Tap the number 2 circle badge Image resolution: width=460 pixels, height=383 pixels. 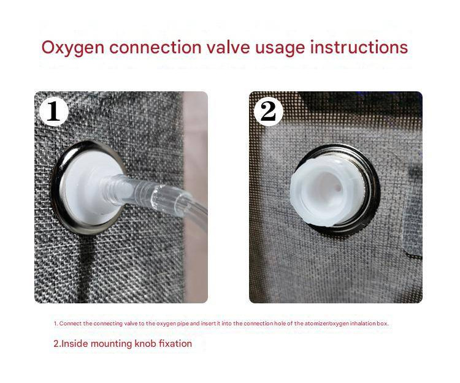point(268,111)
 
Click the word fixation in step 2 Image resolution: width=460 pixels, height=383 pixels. point(174,344)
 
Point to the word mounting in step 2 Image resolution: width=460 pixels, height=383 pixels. point(110,344)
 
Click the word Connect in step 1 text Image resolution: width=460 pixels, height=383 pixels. point(71,323)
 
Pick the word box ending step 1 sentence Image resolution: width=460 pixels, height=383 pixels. point(383,323)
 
